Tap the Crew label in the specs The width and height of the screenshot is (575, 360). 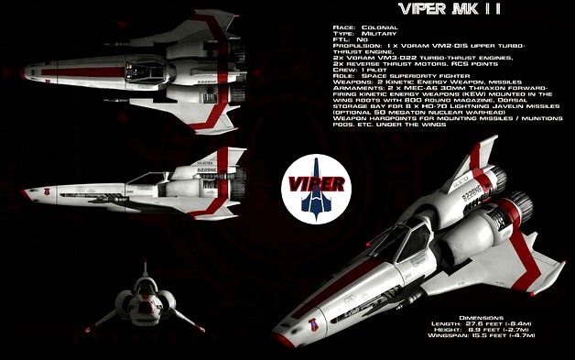(345, 68)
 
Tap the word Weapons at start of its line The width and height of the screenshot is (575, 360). (352, 82)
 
